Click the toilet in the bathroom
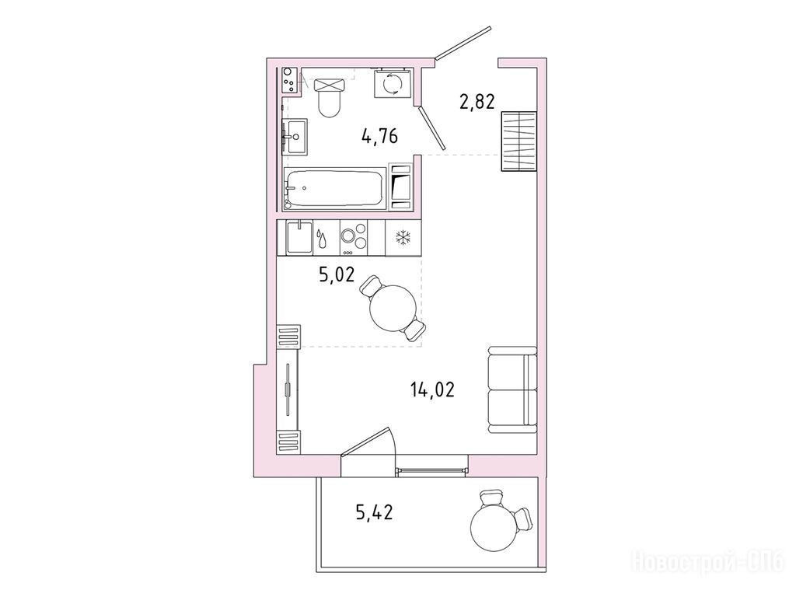(x=330, y=97)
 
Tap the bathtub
(x=334, y=188)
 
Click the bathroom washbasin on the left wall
(x=295, y=137)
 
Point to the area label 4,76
(x=379, y=137)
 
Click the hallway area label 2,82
(x=477, y=102)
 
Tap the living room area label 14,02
(x=432, y=389)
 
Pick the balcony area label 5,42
(x=375, y=513)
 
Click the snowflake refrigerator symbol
(x=403, y=237)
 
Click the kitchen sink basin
(x=299, y=237)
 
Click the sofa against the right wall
(x=512, y=389)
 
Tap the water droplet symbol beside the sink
(x=321, y=238)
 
